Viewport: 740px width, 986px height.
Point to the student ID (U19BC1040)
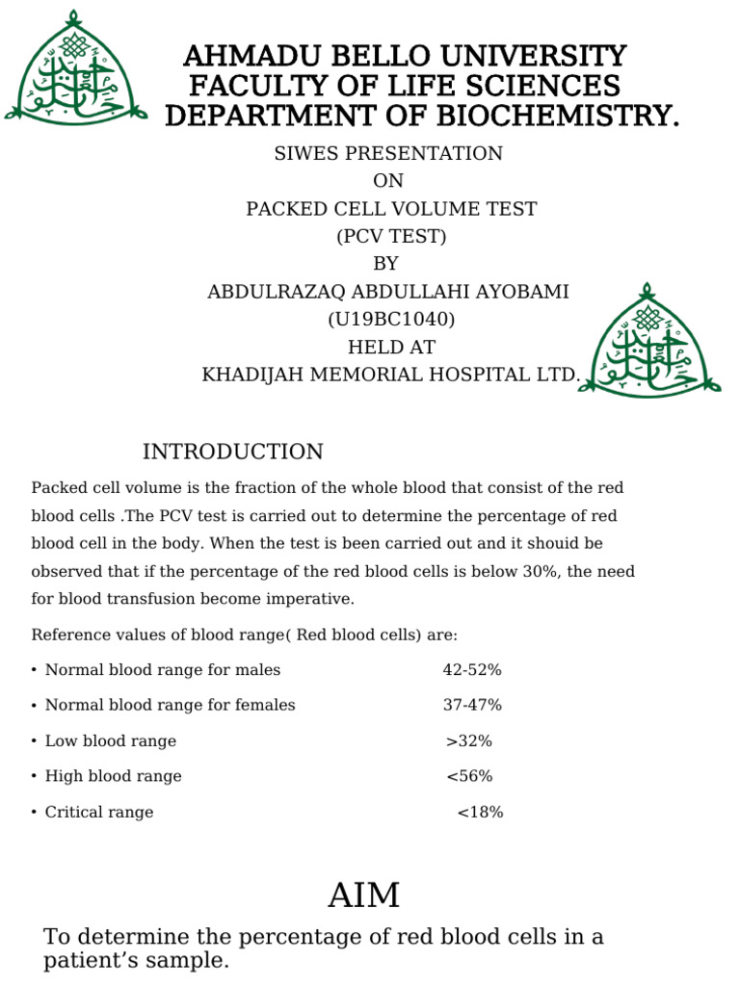[x=391, y=320]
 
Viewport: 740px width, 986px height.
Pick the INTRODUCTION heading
[x=233, y=452]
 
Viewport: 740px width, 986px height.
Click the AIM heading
[x=363, y=895]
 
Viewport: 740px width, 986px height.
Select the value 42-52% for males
[x=472, y=669]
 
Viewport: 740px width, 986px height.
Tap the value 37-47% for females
[x=472, y=705]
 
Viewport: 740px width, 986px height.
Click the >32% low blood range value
[x=469, y=740]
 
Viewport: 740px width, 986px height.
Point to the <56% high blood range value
[x=469, y=776]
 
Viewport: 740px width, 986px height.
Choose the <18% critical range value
[x=480, y=812]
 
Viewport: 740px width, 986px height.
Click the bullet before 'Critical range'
[x=34, y=812]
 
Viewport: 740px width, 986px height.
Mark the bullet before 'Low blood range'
[x=34, y=741]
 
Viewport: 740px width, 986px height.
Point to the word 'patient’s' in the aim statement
[x=91, y=960]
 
